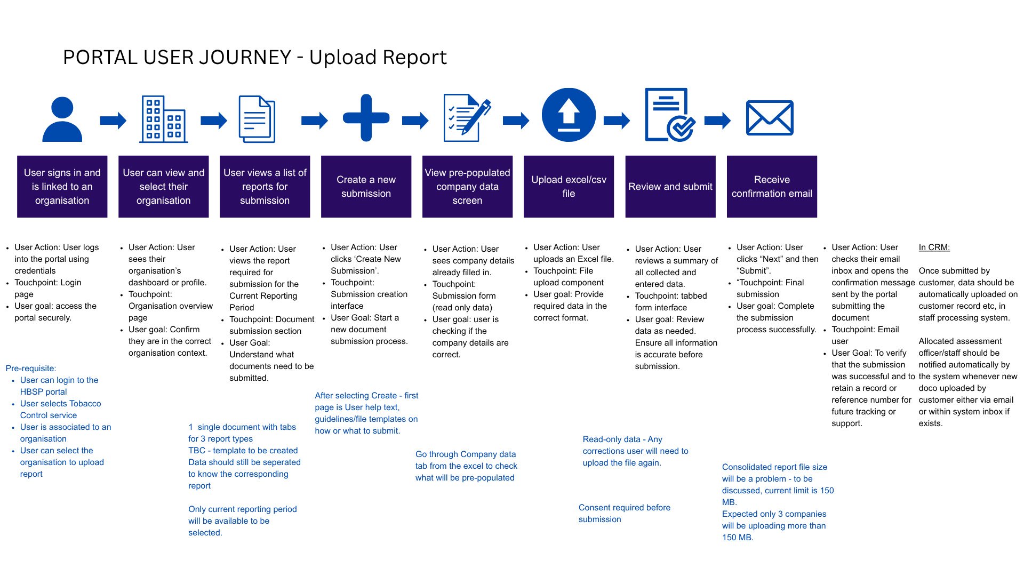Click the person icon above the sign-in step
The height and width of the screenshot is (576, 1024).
point(62,119)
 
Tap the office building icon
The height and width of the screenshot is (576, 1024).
point(164,119)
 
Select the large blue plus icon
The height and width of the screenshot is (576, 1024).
point(366,118)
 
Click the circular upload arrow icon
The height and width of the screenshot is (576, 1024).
point(569,115)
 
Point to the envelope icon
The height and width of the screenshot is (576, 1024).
point(770,118)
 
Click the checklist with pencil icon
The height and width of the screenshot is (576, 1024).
point(467,118)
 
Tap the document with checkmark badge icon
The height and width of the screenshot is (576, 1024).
point(670,115)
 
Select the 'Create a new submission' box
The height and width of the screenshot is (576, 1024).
point(366,187)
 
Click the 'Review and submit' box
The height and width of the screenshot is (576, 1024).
point(670,187)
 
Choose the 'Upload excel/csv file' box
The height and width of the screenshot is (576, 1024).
point(569,187)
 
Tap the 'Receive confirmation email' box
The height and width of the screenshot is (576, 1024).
point(772,187)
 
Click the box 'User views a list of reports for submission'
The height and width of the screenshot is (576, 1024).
point(265,187)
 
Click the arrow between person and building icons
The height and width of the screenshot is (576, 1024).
point(113,121)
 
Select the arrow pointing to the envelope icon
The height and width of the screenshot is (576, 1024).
point(718,121)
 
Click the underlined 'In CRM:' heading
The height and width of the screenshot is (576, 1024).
point(934,247)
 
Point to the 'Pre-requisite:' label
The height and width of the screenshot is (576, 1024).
point(31,369)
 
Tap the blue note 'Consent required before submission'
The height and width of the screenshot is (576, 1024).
point(625,514)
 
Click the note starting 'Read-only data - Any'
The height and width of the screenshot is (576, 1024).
point(635,451)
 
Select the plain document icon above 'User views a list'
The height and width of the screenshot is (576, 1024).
point(257,119)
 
